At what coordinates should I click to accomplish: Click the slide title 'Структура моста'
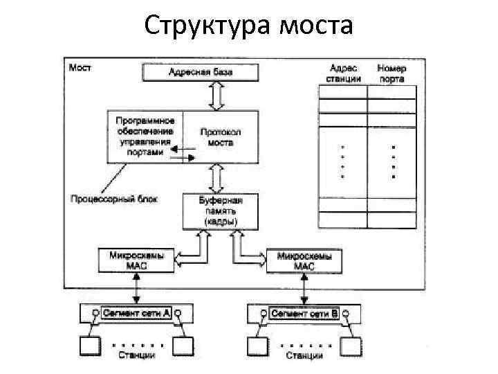(x=249, y=26)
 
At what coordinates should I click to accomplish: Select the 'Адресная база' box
(x=201, y=71)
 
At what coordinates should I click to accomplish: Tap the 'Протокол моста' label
(x=221, y=136)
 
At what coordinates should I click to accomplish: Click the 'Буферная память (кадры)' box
(x=220, y=211)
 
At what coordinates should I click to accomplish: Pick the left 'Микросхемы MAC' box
(x=136, y=260)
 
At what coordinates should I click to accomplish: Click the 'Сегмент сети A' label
(x=136, y=313)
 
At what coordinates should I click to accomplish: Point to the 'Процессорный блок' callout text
(x=114, y=199)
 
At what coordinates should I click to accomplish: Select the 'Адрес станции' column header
(x=343, y=73)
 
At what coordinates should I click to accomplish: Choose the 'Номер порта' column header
(x=391, y=73)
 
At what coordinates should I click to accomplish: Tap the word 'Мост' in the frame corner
(x=80, y=68)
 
